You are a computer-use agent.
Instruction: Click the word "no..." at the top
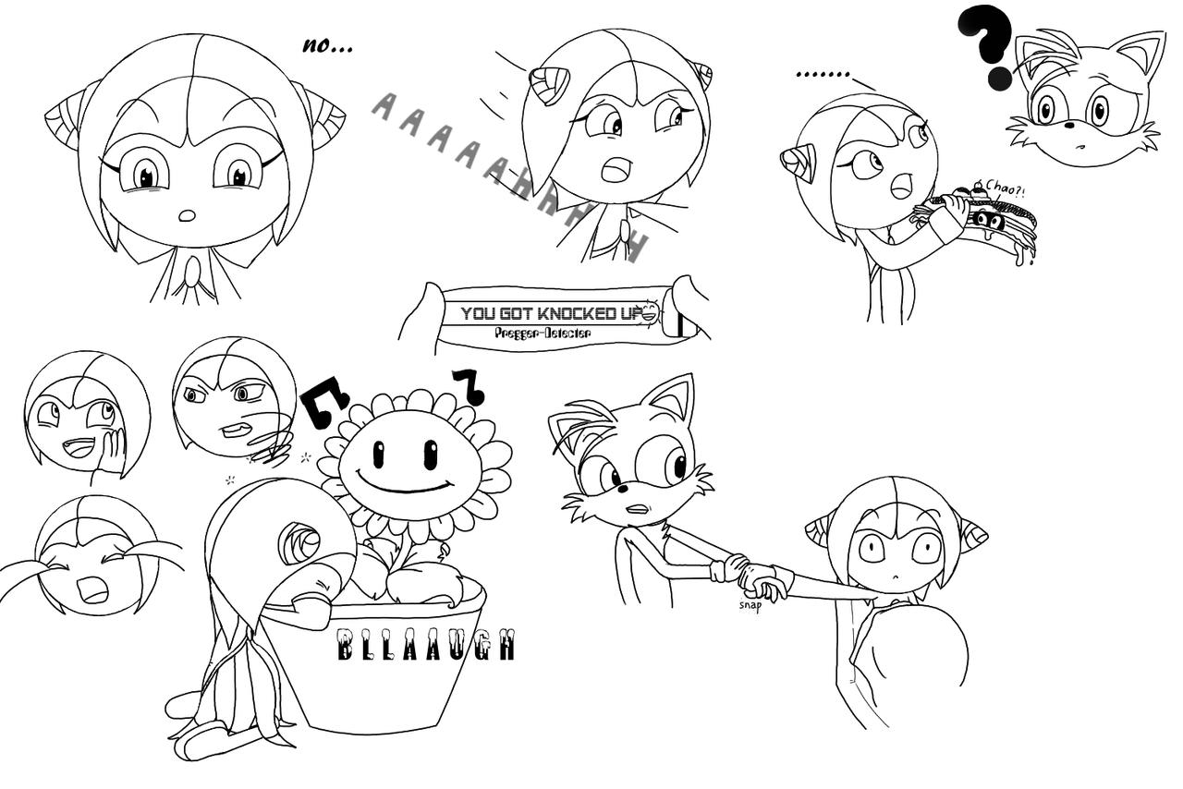pyautogui.click(x=327, y=46)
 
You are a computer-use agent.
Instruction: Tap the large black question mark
pyautogui.click(x=988, y=42)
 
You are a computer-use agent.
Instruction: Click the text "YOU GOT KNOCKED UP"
pyautogui.click(x=553, y=314)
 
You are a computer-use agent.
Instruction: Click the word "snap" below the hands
pyautogui.click(x=750, y=606)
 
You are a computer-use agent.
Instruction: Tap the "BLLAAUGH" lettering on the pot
pyautogui.click(x=425, y=646)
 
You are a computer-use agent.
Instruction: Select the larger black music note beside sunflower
pyautogui.click(x=324, y=402)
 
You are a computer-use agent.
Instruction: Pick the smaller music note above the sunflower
pyautogui.click(x=469, y=385)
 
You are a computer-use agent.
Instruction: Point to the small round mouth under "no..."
pyautogui.click(x=187, y=216)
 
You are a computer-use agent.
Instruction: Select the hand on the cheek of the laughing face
pyautogui.click(x=112, y=450)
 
